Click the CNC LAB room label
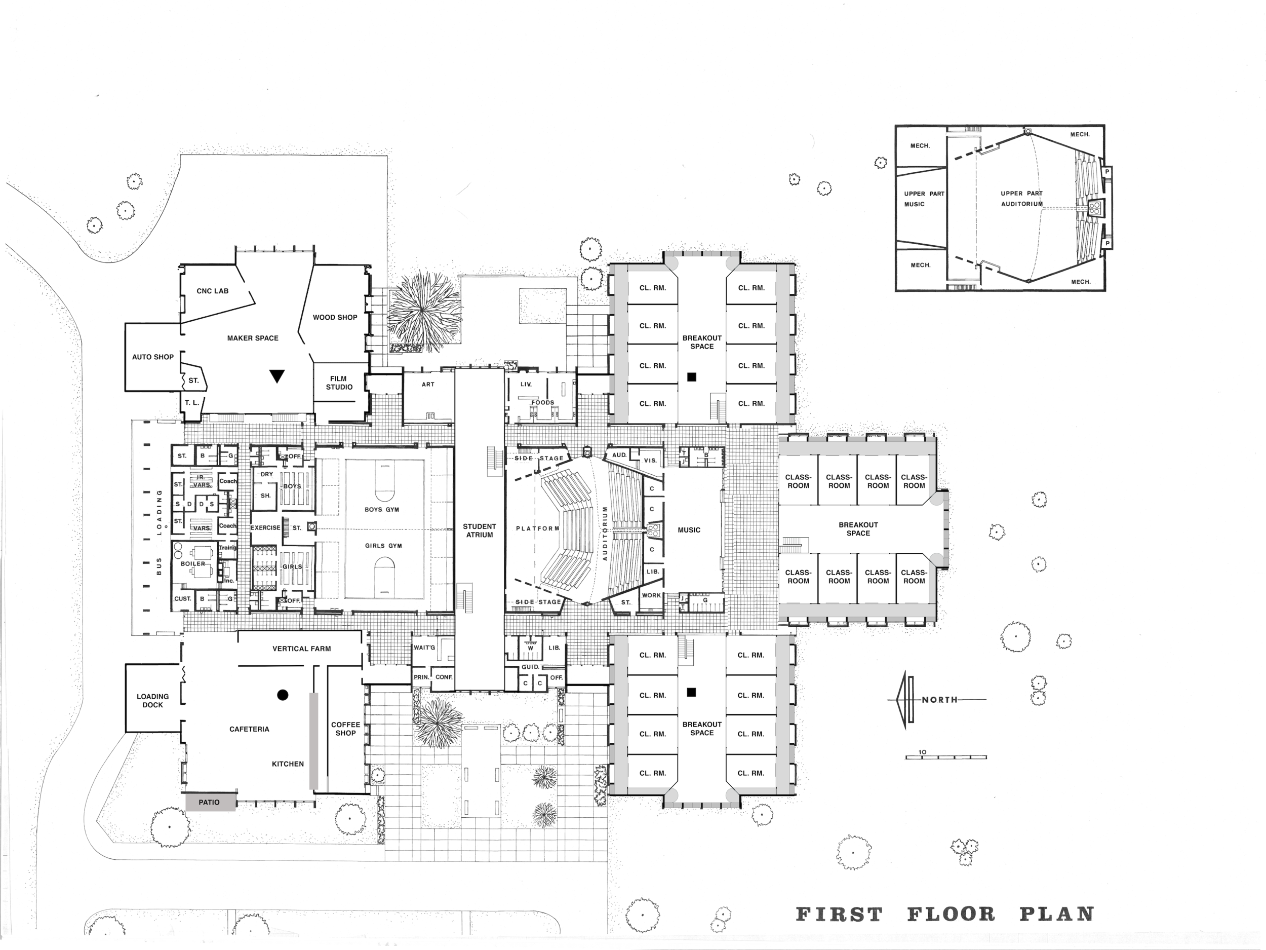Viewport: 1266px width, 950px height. point(212,291)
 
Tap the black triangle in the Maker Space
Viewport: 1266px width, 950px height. point(277,375)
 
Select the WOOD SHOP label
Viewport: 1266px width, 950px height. point(335,317)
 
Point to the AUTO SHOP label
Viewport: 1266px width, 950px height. point(153,357)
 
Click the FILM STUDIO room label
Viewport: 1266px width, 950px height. point(339,383)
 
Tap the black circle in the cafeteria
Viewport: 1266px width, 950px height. point(282,695)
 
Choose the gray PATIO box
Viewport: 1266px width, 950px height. point(210,802)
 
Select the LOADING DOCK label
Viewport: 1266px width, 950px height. point(153,701)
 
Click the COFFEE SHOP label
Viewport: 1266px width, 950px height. point(346,729)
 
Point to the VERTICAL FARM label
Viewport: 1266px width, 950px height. point(302,649)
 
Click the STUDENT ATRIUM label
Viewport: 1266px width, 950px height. point(480,530)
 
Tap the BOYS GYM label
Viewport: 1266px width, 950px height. point(382,510)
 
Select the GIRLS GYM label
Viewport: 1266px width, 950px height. point(383,546)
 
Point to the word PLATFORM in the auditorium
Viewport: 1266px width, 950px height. point(537,528)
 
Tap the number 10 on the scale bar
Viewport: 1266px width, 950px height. point(922,752)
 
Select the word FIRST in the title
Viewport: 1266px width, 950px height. point(839,915)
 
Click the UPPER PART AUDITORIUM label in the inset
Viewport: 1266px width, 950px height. point(1021,199)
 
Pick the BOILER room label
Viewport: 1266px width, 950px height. point(193,563)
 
